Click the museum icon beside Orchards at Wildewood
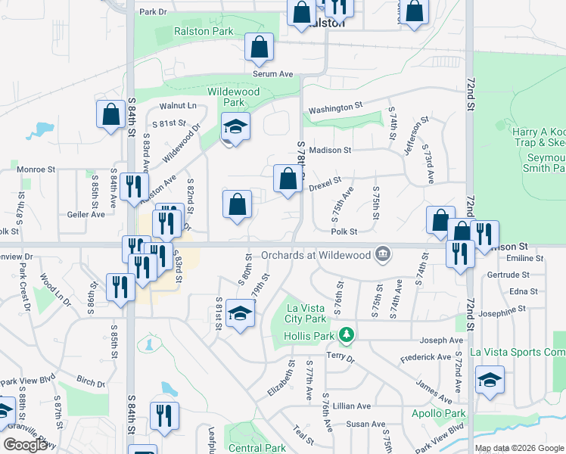pyautogui.click(x=383, y=253)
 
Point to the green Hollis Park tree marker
pyautogui.click(x=347, y=334)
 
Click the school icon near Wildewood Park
pyautogui.click(x=235, y=127)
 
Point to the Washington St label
pyautogui.click(x=336, y=108)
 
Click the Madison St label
pyautogui.click(x=330, y=150)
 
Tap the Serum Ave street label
pyautogui.click(x=272, y=74)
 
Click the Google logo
pyautogui.click(x=25, y=445)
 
